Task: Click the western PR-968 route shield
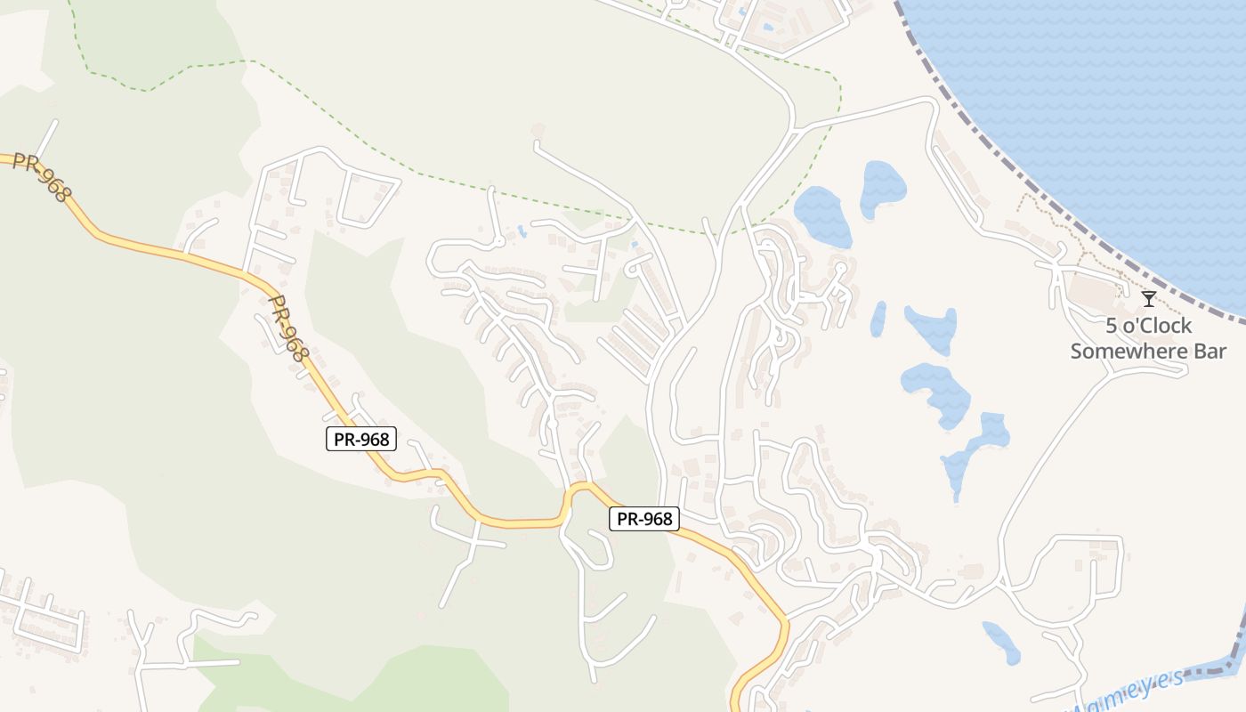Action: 361,439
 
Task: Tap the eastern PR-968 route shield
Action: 644,519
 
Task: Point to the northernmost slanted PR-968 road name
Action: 41,175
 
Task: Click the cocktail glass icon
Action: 1149,298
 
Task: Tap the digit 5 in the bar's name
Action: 1112,326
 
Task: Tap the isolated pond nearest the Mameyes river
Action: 1003,642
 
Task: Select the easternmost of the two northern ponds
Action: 882,188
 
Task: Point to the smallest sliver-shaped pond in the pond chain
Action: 878,319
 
